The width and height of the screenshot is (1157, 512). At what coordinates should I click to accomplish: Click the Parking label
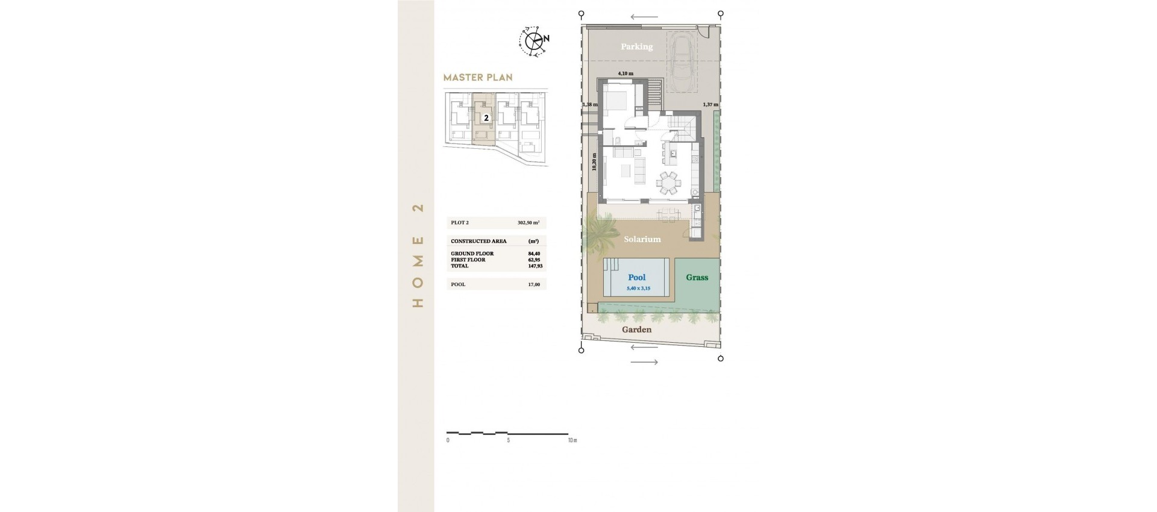(x=636, y=46)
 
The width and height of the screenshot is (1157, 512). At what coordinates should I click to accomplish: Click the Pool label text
(x=636, y=277)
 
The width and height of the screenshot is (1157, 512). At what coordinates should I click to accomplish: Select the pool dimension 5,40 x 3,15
(x=638, y=289)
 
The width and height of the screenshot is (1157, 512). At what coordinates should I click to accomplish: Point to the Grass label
(x=697, y=277)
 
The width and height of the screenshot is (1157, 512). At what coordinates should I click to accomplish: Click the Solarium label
(x=642, y=239)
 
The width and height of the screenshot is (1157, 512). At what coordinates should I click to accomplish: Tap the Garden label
(x=636, y=329)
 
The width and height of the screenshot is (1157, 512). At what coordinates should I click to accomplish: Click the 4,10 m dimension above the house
(x=625, y=73)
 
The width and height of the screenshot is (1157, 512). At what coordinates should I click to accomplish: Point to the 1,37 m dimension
(x=710, y=105)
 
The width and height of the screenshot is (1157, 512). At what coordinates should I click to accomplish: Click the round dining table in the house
(x=669, y=183)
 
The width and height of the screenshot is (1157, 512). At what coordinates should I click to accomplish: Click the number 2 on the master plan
(x=486, y=118)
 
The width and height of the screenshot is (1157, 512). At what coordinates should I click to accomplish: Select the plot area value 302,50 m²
(x=528, y=223)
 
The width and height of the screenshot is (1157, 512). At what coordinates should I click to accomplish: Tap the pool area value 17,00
(x=533, y=284)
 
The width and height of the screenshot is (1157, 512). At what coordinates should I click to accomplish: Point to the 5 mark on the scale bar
(x=508, y=440)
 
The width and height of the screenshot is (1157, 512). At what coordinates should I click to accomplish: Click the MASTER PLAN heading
(x=477, y=77)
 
